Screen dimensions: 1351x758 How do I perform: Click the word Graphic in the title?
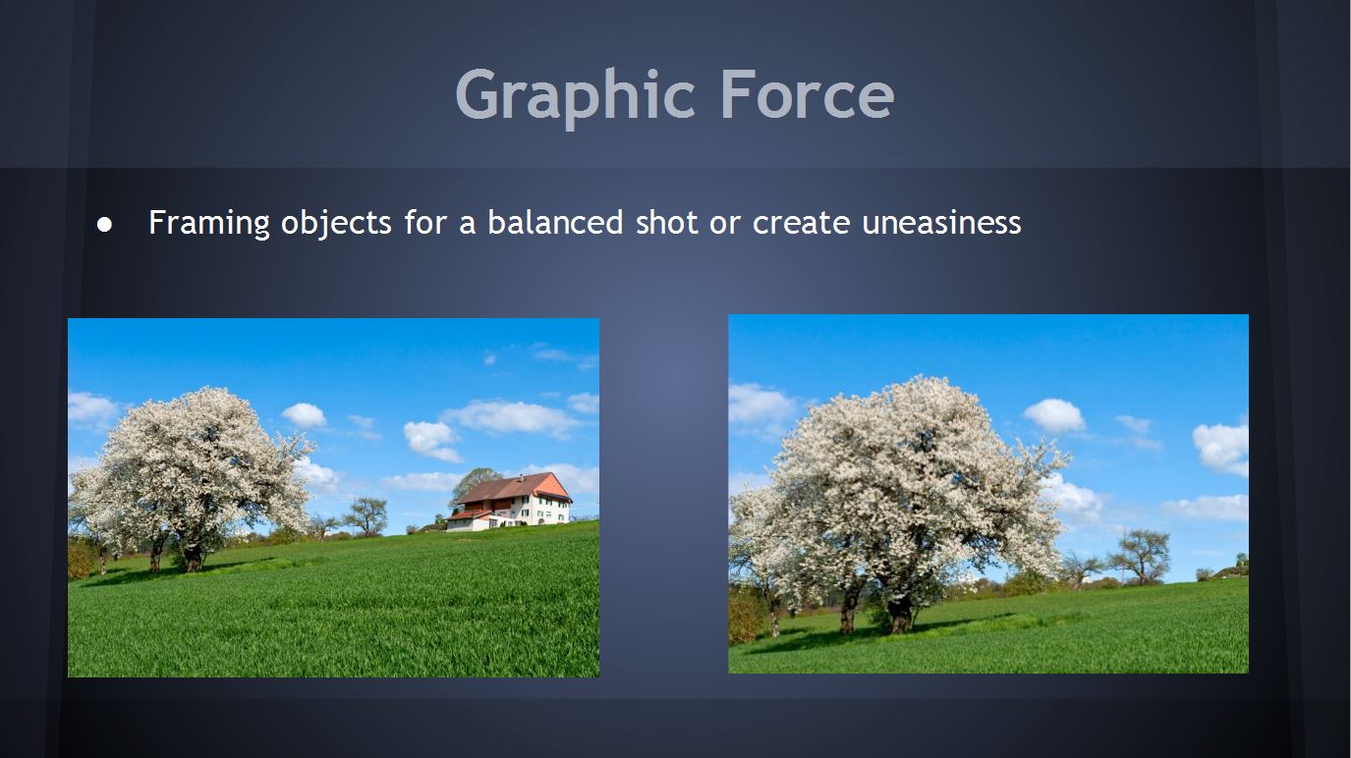coord(576,96)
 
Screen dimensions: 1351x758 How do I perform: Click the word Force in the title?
coord(808,94)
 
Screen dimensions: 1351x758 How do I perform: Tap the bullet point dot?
coord(104,225)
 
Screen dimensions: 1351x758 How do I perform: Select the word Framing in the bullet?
coord(209,224)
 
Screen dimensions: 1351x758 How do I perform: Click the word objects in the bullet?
coord(337,224)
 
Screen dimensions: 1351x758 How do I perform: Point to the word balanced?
coord(555,222)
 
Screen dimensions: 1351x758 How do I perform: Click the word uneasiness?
coord(941,222)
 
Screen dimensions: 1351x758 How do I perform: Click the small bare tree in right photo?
coord(1140,556)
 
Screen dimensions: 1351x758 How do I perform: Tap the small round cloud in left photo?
coord(304,415)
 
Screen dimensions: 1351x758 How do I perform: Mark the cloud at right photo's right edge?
coord(1221,449)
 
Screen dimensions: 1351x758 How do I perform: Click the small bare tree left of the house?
coord(366,515)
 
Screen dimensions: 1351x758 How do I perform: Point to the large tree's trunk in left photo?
coord(193,558)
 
